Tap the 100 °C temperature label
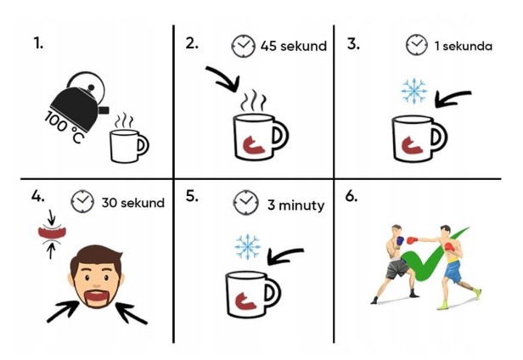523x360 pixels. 63,127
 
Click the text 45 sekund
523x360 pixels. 294,46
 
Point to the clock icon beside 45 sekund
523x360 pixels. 244,46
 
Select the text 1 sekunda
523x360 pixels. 463,46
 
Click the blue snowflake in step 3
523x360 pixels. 414,91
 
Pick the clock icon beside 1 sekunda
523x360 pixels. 417,44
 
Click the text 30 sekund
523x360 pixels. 132,203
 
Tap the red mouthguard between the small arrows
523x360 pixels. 53,233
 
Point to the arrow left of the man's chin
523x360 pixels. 63,311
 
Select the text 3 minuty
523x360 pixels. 295,205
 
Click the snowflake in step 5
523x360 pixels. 248,246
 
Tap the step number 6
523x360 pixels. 351,196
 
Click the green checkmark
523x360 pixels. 430,254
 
